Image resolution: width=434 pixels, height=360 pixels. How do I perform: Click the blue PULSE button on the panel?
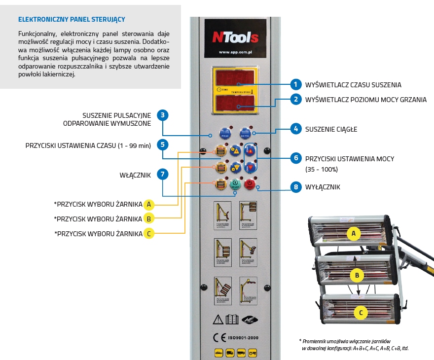coord(224,133)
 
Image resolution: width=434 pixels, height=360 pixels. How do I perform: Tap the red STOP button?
coord(250,184)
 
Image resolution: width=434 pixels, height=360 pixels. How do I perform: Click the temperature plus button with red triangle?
coord(251,151)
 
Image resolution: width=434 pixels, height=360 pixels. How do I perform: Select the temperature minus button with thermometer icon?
coord(251,167)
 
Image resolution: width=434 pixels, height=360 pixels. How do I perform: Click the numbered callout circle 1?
coord(295,84)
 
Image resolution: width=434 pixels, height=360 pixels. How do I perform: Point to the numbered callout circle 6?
coord(295,158)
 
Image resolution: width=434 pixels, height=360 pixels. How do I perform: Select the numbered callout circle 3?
coord(163,115)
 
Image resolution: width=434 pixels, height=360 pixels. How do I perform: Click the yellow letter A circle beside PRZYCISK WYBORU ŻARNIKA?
coord(149,204)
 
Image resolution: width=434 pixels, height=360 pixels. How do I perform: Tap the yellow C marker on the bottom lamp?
coord(361,312)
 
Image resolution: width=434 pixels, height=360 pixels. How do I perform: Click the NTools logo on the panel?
coord(235,37)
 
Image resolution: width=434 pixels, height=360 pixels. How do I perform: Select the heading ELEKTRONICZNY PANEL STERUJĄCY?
coord(72,20)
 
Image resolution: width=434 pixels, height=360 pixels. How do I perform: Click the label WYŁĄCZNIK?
coord(323,187)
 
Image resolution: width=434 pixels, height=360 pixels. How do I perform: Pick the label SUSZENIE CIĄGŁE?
coord(331,129)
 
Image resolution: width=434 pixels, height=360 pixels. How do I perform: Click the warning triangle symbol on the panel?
coord(218,319)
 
